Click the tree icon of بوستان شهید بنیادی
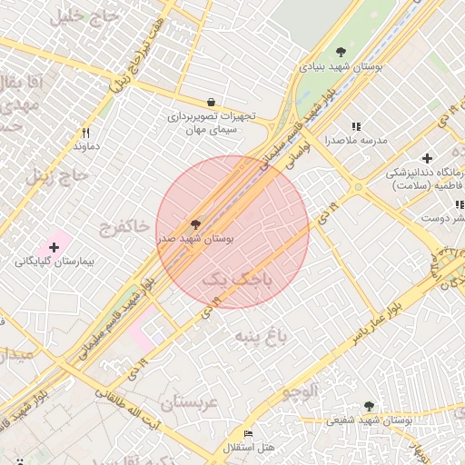(x=341, y=52)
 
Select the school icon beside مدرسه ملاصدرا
(x=356, y=126)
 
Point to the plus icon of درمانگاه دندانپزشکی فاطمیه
(x=428, y=158)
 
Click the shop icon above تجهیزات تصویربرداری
(x=212, y=103)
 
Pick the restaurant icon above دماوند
(x=85, y=133)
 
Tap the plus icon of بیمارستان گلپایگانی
(x=54, y=247)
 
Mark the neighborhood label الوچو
(x=299, y=392)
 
